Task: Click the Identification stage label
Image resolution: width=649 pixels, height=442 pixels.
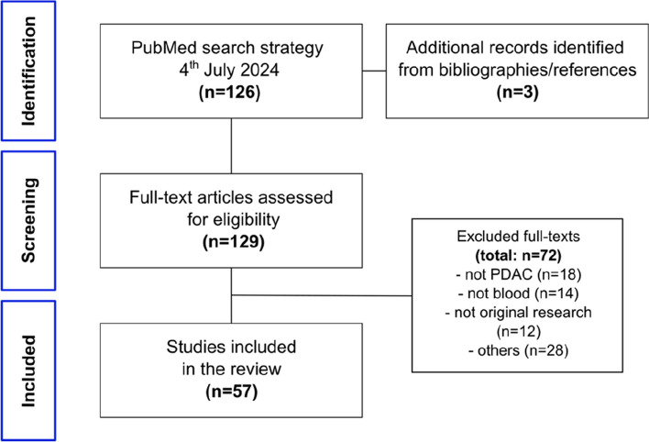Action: (28, 71)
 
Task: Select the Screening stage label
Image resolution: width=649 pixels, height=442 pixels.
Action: (28, 220)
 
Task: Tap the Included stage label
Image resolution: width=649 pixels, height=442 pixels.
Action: (28, 370)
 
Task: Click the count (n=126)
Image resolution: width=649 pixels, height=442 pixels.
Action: (230, 92)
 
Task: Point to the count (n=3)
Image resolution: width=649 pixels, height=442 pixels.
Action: (517, 92)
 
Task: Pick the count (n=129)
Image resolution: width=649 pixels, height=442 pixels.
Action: (234, 241)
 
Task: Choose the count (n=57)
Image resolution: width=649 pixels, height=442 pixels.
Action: (231, 391)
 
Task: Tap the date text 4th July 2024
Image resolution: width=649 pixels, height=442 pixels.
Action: (229, 70)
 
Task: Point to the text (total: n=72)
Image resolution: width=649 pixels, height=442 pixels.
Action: (518, 255)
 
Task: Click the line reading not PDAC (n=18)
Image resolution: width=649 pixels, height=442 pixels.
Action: (519, 274)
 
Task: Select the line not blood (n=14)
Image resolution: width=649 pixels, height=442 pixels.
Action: (518, 293)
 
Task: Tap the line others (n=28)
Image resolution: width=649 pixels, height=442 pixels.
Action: (518, 350)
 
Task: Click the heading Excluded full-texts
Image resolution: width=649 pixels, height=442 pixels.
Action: (518, 236)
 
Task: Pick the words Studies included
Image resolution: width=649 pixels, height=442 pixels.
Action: (231, 347)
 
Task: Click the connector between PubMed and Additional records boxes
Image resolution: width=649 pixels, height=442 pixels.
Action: (374, 71)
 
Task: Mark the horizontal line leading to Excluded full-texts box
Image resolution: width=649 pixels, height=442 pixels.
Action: (322, 295)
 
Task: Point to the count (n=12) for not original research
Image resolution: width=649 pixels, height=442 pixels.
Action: (518, 331)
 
